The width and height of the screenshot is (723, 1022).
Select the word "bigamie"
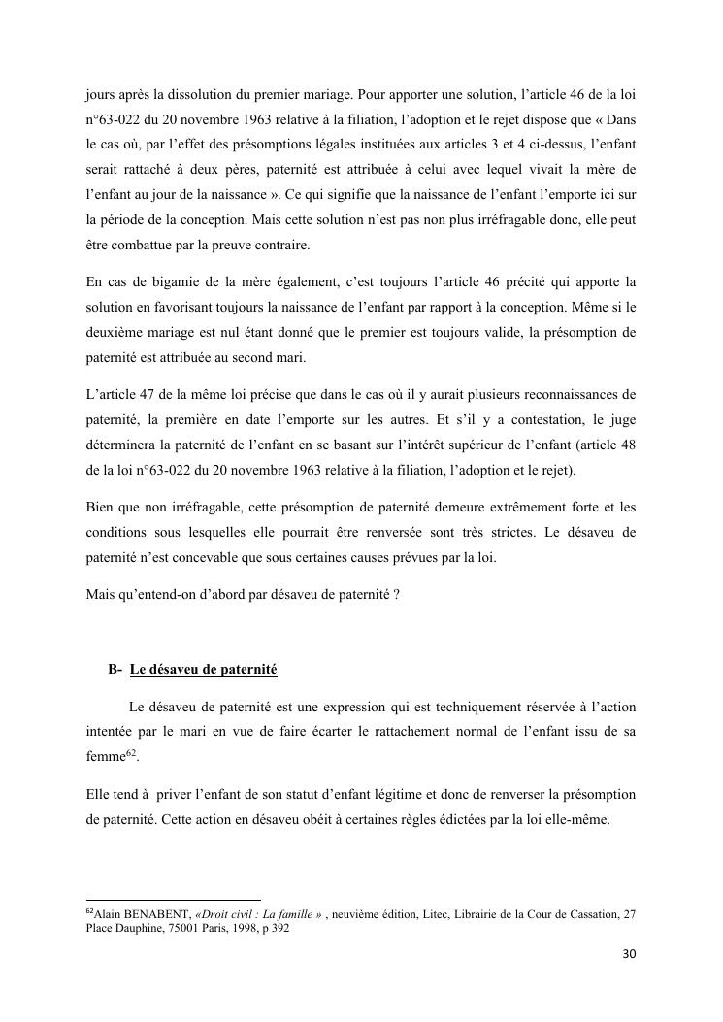click(161, 282)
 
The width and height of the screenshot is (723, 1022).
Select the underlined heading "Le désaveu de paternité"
click(203, 669)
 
